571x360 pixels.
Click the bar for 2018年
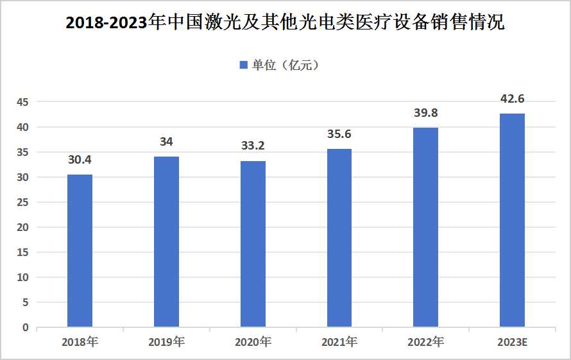(x=80, y=251)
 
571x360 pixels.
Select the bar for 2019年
(x=166, y=242)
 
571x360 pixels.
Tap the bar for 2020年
(x=253, y=244)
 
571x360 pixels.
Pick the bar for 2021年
(x=339, y=238)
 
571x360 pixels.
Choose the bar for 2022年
(x=426, y=227)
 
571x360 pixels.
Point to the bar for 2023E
(x=512, y=220)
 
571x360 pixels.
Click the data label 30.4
(x=80, y=160)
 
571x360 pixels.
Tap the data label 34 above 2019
(x=166, y=142)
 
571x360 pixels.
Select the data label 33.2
(x=253, y=146)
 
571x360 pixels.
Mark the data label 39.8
(x=426, y=113)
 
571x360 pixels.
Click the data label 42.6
(x=512, y=99)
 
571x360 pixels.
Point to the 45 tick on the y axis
(x=23, y=103)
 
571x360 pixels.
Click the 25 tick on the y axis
(x=23, y=203)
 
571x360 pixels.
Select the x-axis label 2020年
(x=253, y=342)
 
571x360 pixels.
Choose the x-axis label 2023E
(x=512, y=342)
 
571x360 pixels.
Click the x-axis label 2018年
(x=80, y=342)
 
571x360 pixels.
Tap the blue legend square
(x=243, y=65)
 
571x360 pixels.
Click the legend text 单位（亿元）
(x=285, y=65)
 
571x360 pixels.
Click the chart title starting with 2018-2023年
(x=285, y=24)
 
